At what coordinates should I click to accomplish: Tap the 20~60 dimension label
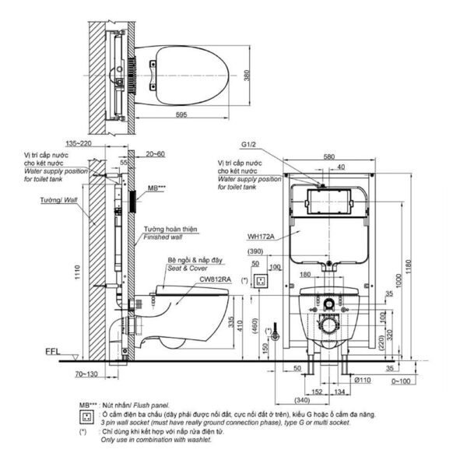(154, 154)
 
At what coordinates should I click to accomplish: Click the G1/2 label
(249, 144)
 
